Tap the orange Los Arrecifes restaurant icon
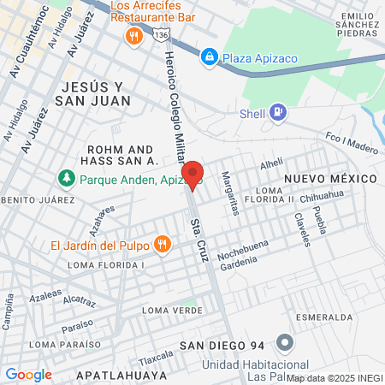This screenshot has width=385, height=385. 133,36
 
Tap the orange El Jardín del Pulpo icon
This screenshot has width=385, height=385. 162,246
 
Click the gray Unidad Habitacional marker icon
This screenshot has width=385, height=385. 286,344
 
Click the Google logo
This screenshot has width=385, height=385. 28,374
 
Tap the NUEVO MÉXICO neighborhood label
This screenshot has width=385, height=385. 330,178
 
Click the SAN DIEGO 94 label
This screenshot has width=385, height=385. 223,347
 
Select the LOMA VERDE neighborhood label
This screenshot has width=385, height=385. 173,310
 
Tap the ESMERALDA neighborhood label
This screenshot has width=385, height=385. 325,317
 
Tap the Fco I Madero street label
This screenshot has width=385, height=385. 352,142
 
